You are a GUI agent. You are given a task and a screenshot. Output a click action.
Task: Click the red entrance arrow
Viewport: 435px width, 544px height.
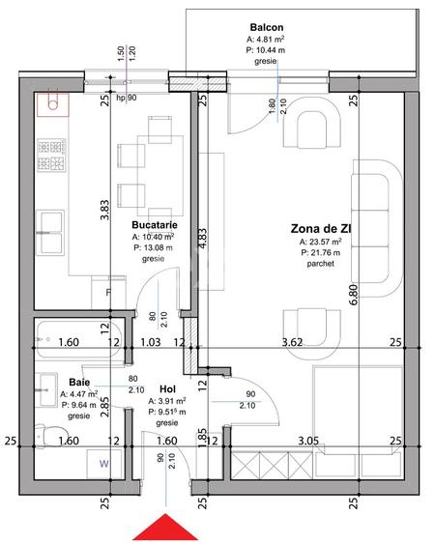[165, 528]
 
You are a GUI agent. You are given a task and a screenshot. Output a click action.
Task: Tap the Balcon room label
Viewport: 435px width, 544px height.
[267, 27]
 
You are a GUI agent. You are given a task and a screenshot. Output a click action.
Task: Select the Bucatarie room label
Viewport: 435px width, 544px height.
[155, 225]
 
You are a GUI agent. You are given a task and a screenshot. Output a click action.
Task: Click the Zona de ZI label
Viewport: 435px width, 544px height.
[321, 229]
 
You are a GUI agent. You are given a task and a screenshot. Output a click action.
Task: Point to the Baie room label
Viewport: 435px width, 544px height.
[79, 383]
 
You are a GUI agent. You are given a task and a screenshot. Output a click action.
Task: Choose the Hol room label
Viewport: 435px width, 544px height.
[167, 389]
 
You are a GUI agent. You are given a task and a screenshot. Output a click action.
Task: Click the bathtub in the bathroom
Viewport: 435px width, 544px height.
[78, 339]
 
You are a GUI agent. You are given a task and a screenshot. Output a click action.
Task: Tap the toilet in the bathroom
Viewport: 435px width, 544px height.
[50, 436]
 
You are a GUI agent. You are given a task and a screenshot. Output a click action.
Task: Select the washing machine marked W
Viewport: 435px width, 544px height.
[104, 464]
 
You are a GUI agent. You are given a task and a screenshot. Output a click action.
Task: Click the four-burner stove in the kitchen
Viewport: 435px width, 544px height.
[51, 155]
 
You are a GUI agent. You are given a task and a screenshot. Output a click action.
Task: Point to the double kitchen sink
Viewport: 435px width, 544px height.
[50, 233]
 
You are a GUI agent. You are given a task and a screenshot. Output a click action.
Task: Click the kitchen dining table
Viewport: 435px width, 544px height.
[160, 176]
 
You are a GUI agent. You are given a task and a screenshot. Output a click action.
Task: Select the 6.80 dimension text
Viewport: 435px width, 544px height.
[354, 295]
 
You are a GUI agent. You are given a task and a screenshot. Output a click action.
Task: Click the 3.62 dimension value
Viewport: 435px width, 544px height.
[292, 342]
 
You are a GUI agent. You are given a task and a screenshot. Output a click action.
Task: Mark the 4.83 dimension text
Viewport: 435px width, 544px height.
[203, 238]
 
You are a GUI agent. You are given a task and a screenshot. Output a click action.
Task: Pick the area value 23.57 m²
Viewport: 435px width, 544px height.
[320, 242]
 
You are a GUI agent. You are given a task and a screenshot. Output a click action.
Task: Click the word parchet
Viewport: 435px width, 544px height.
[320, 264]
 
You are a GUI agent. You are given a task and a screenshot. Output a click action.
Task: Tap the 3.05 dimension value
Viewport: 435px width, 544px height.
[308, 441]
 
